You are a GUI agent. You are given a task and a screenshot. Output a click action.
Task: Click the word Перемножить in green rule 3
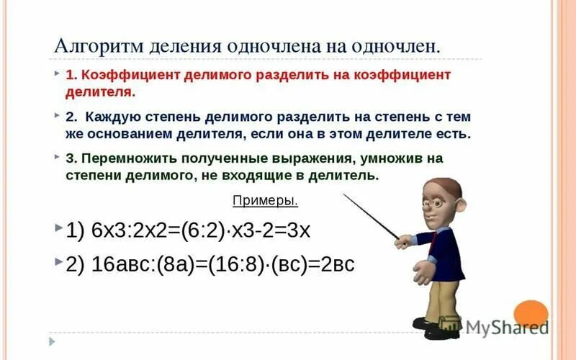click(x=126, y=158)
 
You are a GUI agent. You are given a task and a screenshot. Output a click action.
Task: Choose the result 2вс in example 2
click(x=338, y=264)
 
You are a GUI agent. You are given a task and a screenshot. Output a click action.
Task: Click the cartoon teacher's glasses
click(x=436, y=202)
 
